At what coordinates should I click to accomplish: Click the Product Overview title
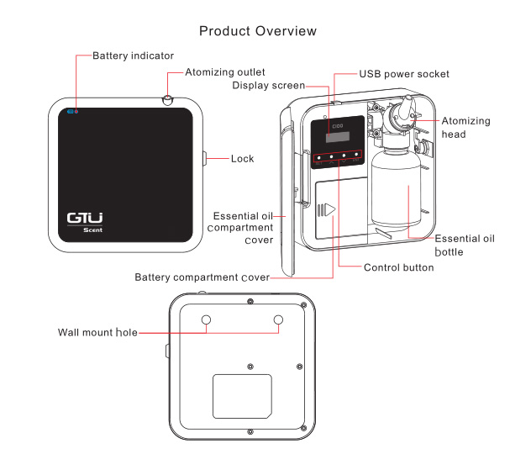[258, 31]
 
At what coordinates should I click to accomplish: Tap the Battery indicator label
[133, 55]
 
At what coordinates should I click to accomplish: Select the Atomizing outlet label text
[224, 72]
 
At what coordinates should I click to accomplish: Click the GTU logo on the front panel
[85, 218]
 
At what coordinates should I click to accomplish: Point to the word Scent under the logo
[92, 230]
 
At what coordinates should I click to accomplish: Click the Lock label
[242, 159]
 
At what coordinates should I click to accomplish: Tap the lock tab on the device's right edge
[205, 159]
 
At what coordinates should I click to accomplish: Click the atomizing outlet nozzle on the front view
[167, 100]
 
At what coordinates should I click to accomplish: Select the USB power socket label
[404, 74]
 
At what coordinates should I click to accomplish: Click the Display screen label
[268, 85]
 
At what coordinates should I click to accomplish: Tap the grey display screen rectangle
[338, 137]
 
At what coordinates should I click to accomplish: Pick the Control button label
[399, 267]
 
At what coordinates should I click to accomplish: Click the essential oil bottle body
[396, 189]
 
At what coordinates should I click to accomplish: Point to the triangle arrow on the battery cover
[330, 209]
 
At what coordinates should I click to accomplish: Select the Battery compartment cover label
[202, 277]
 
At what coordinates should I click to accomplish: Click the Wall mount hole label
[97, 332]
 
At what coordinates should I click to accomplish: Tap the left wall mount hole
[206, 319]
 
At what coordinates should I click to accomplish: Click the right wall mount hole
[278, 319]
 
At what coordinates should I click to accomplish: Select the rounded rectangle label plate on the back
[242, 396]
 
